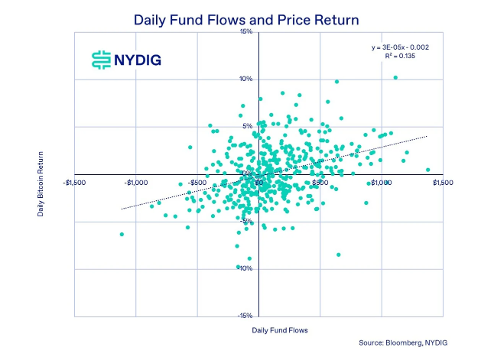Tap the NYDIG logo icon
[x=100, y=60]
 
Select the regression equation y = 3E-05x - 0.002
[x=401, y=47]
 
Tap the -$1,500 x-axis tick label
[x=74, y=183]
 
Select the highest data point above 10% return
[x=395, y=77]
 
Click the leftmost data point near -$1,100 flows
[x=122, y=234]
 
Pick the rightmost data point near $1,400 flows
[x=427, y=170]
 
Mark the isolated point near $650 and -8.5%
[x=338, y=255]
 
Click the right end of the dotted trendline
[x=427, y=135]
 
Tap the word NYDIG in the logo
[x=138, y=60]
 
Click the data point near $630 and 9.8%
[x=336, y=82]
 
